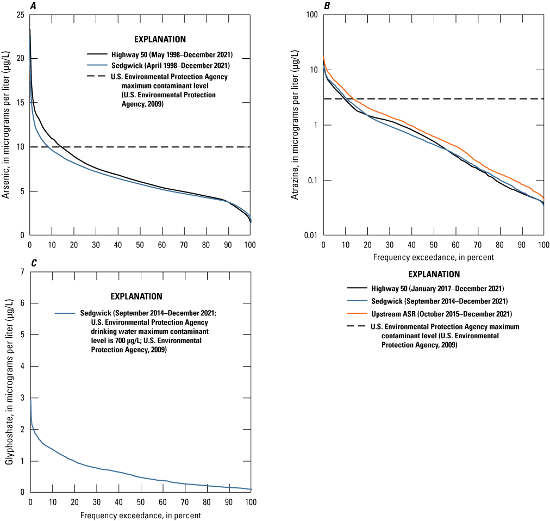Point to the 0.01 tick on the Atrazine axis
pyautogui.click(x=310, y=235)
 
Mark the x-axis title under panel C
pyautogui.click(x=140, y=515)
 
